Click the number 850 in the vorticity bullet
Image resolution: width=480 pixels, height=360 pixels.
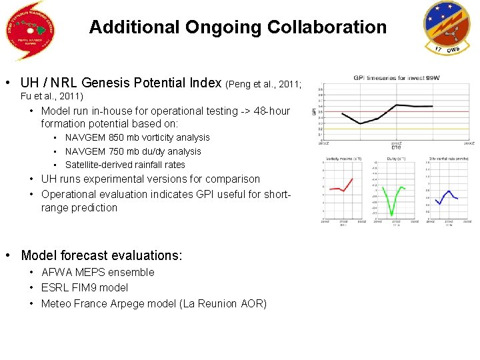pos(117,137)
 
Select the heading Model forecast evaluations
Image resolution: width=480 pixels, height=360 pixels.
pos(101,255)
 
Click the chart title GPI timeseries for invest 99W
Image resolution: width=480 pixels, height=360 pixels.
pos(396,77)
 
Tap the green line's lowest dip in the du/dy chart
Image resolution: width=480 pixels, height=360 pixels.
pos(391,214)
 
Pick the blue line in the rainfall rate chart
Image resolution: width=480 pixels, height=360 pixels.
pos(445,196)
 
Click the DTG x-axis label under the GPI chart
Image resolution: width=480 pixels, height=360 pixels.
pos(396,147)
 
